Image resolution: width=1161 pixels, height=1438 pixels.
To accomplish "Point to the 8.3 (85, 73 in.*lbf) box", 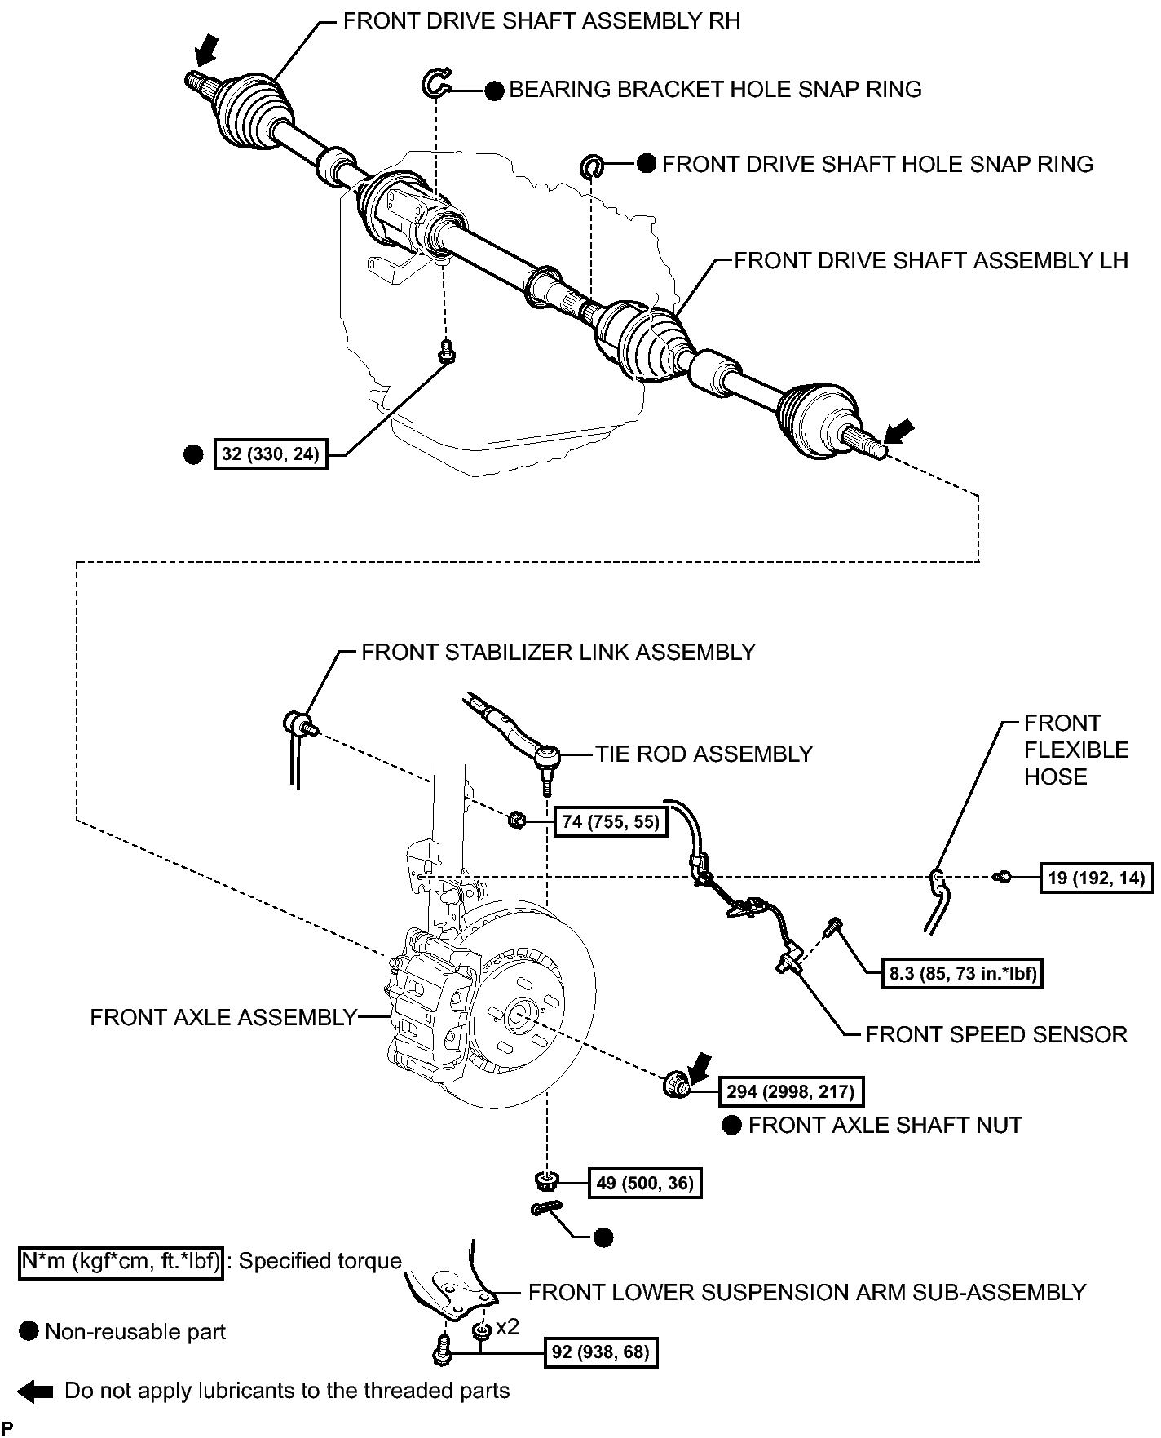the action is pyautogui.click(x=963, y=973).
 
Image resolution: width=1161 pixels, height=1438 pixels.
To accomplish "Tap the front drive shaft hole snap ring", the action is pyautogui.click(x=591, y=166).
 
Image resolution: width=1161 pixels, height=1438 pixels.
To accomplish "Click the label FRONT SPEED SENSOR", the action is pyautogui.click(x=996, y=1035).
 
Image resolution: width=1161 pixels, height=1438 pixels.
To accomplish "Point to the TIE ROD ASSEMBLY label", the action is pyautogui.click(x=704, y=754).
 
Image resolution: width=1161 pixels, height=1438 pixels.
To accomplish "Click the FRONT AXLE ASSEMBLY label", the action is pyautogui.click(x=223, y=1017).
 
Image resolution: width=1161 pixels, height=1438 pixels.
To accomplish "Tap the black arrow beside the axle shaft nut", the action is pyautogui.click(x=699, y=1068).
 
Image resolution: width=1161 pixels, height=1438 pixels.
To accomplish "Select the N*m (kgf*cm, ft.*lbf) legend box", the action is pyautogui.click(x=121, y=1262).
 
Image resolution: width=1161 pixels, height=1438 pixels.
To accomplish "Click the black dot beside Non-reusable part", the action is pyautogui.click(x=29, y=1332).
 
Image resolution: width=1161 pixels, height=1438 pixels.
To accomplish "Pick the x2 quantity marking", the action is pyautogui.click(x=507, y=1327).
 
